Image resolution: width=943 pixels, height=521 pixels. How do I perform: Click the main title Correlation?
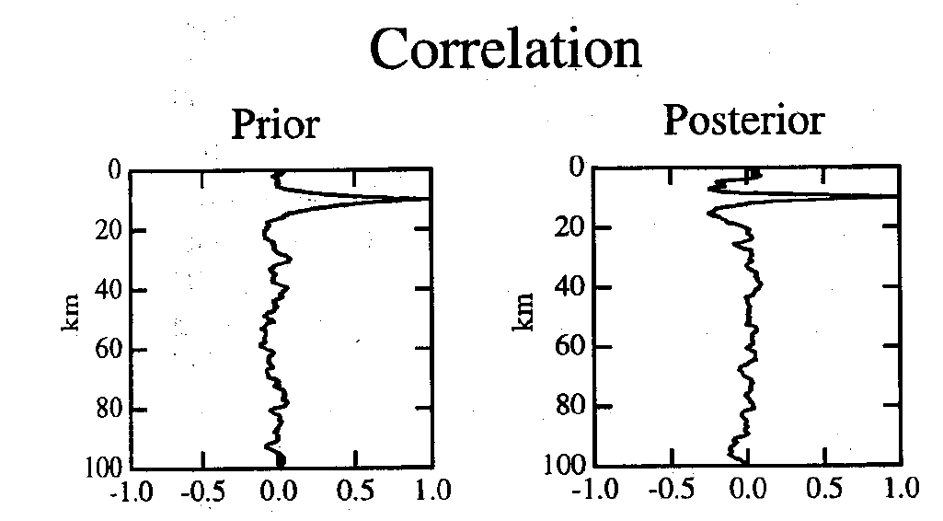click(505, 48)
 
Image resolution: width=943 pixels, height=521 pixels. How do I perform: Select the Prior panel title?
click(274, 123)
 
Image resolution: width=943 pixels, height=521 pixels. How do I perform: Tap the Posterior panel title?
click(743, 120)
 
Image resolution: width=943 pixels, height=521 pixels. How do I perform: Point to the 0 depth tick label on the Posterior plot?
click(577, 168)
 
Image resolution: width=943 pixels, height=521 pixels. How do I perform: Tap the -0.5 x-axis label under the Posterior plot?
click(669, 488)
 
